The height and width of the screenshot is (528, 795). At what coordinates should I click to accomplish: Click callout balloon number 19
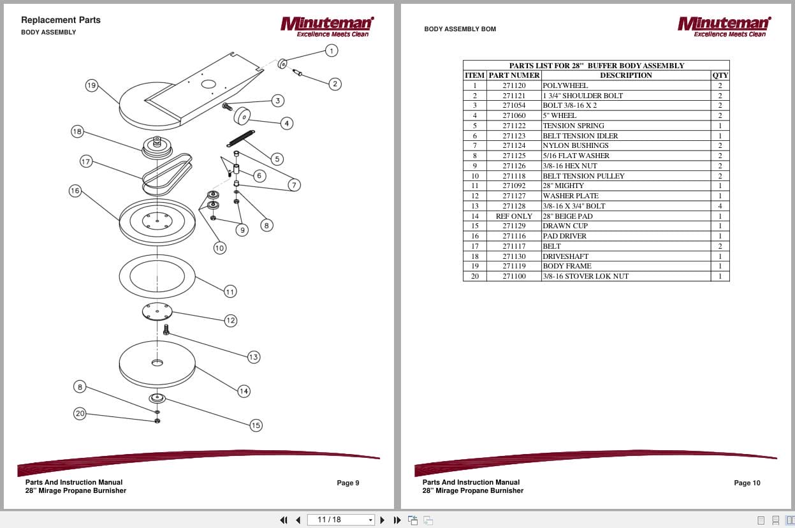point(91,85)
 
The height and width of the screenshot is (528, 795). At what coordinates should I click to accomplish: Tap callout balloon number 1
point(331,50)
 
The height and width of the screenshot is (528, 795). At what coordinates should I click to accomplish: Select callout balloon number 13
point(254,357)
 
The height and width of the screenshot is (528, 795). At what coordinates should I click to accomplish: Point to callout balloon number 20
point(80,414)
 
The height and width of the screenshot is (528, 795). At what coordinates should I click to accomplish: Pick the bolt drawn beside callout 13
point(166,330)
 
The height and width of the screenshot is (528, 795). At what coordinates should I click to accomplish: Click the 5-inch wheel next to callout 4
point(242,116)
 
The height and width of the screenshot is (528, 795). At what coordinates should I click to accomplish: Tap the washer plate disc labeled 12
point(157,312)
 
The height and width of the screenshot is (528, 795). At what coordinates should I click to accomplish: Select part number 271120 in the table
point(514,85)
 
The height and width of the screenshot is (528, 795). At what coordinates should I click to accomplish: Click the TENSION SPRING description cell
point(573,126)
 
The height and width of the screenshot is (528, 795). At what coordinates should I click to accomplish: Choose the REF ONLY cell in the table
point(514,216)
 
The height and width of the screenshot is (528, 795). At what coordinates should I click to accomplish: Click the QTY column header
point(720,75)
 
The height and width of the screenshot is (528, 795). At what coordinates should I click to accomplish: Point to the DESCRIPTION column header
point(625,75)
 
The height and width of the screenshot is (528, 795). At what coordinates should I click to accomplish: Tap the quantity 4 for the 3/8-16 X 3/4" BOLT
point(720,206)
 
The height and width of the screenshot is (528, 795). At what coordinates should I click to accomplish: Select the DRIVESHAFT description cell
point(565,256)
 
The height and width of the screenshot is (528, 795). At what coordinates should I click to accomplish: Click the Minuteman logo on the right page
point(724,26)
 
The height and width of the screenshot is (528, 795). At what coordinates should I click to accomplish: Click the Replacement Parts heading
point(61,20)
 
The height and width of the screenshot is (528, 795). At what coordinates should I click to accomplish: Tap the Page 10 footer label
point(747,483)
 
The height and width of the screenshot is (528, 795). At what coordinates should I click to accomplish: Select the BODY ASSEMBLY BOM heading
point(460,29)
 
